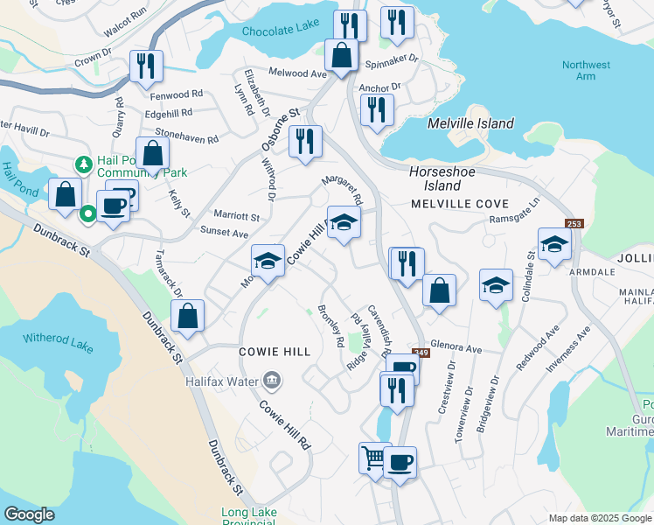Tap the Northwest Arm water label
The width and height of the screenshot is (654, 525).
click(586, 71)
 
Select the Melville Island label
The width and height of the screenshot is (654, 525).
click(470, 123)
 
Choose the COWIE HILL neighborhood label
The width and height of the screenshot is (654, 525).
click(275, 351)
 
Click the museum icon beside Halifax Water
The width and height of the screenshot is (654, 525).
click(272, 381)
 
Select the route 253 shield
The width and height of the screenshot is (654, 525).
click(574, 225)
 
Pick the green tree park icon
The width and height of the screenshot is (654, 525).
click(83, 164)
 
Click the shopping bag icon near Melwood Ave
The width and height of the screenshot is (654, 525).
click(340, 56)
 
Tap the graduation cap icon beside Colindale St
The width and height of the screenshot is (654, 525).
click(554, 246)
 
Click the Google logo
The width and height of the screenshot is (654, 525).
click(29, 514)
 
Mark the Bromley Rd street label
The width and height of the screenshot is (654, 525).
click(330, 326)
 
